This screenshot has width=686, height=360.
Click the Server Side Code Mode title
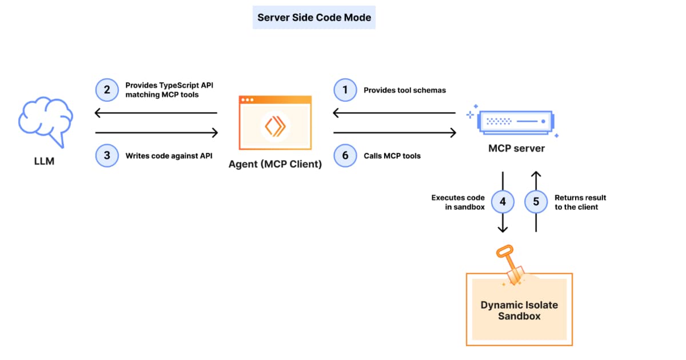(314, 17)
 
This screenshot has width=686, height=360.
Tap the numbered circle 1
(345, 90)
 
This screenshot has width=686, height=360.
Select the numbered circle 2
(106, 90)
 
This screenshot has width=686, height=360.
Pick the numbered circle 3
(106, 155)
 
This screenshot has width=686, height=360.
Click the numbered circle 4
(503, 201)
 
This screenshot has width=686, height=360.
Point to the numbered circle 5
(536, 201)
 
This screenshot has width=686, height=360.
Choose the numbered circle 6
(345, 155)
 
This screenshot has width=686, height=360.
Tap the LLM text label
(44, 162)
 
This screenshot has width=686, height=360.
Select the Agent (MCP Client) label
(276, 165)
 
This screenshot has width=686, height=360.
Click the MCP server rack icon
(512, 121)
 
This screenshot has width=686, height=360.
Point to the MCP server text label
(516, 149)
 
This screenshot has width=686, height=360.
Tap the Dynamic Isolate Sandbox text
(519, 310)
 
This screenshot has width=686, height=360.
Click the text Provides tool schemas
(405, 90)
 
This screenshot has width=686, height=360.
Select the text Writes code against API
(169, 155)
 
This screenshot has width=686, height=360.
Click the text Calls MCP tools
(392, 155)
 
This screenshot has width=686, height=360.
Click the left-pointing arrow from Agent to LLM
(155, 113)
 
